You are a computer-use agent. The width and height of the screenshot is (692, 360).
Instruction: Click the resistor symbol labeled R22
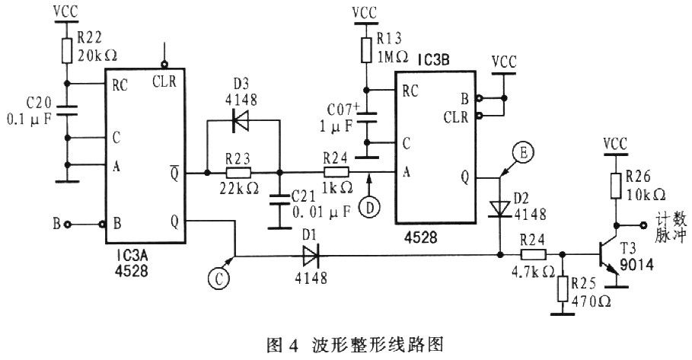(x=68, y=49)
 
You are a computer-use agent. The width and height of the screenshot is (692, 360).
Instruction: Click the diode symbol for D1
(x=311, y=256)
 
